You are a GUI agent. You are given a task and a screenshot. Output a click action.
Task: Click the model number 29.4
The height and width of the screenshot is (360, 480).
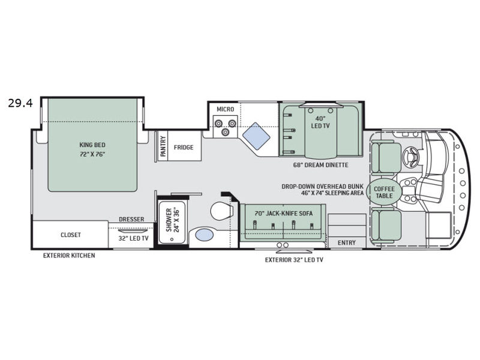20,103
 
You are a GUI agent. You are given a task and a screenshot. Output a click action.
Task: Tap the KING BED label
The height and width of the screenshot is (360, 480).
92,145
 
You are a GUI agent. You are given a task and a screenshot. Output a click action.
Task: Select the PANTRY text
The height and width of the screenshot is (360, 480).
163,146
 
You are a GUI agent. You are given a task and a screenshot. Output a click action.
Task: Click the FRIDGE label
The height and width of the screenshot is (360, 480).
184,147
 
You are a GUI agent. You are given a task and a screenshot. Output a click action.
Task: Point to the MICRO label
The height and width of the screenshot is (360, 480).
226,109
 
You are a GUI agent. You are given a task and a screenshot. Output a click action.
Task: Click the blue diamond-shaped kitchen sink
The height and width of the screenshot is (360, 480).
256,136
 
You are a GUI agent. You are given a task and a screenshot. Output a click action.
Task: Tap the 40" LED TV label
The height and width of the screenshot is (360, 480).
320,122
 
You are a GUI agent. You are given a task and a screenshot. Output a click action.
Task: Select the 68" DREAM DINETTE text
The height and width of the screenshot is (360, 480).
320,165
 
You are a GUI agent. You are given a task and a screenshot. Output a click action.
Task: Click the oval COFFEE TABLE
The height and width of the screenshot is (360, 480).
384,192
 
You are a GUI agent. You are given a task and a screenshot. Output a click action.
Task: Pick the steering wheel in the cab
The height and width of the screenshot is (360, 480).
411,154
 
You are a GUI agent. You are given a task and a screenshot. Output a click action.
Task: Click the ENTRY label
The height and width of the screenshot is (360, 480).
347,243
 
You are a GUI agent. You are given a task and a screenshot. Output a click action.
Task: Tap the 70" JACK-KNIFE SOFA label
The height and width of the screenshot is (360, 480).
283,214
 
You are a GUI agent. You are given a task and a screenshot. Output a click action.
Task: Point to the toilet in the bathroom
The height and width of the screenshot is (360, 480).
221,211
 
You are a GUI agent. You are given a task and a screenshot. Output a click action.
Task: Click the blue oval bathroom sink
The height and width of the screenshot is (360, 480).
205,235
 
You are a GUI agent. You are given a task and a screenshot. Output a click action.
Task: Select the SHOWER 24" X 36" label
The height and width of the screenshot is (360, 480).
172,220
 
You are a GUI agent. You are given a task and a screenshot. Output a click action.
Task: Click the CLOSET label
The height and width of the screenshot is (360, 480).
71,235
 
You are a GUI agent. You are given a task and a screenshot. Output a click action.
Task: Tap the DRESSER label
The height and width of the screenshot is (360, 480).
131,219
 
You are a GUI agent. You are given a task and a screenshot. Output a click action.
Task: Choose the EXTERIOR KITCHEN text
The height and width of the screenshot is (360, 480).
69,256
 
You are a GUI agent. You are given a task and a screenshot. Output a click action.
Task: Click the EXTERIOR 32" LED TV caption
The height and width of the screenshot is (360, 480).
294,260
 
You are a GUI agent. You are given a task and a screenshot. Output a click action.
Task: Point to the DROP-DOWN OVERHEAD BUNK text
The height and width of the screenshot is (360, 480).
323,187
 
